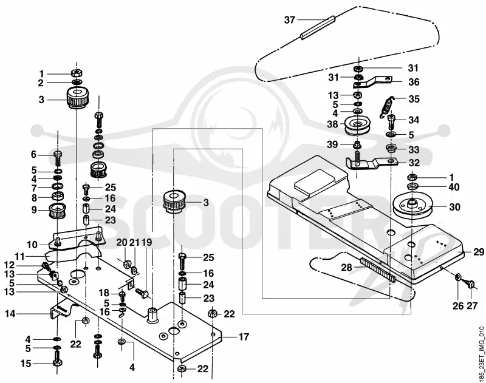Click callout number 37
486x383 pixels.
coord(290,20)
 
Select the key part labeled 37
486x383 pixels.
coord(318,27)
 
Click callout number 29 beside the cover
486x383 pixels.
coord(479,252)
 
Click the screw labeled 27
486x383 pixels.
coord(469,283)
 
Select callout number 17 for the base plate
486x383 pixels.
coord(244,336)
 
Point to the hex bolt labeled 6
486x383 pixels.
coord(58,158)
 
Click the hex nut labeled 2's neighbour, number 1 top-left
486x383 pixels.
coord(77,73)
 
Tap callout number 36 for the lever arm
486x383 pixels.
coord(414,82)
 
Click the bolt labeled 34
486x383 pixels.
coord(391,121)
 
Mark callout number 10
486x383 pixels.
coord(32,245)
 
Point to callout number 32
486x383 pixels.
coord(414,163)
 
